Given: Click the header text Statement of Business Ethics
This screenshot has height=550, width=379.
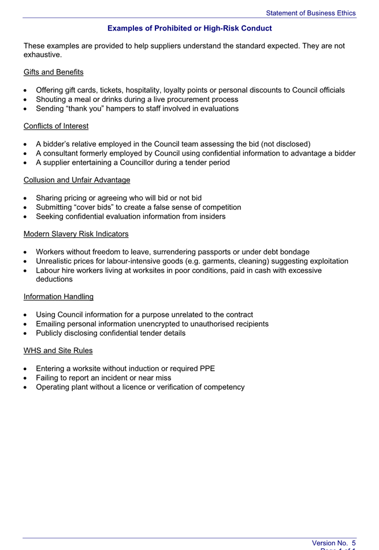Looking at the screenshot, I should pyautogui.click(x=311, y=13).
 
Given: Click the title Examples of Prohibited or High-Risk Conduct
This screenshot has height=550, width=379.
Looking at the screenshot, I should pyautogui.click(x=189, y=28).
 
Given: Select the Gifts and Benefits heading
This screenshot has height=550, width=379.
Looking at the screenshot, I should pyautogui.click(x=53, y=72).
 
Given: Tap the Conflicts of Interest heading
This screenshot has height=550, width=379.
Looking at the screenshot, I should pyautogui.click(x=55, y=125).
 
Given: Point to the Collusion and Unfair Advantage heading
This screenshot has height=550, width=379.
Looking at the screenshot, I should pyautogui.click(x=77, y=180).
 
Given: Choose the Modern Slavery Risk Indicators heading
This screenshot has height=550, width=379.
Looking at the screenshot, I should pyautogui.click(x=76, y=234).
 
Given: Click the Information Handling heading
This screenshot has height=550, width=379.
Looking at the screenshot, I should pyautogui.click(x=58, y=297).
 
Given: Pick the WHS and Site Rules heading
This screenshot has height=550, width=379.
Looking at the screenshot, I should pyautogui.click(x=58, y=350).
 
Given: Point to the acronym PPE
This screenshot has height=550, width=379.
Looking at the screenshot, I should pyautogui.click(x=206, y=369).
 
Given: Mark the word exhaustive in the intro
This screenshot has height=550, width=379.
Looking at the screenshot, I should pyautogui.click(x=42, y=55).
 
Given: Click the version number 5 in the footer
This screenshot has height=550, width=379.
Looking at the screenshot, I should pyautogui.click(x=353, y=542).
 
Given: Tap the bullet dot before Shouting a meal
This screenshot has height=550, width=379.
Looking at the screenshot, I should pyautogui.click(x=27, y=99).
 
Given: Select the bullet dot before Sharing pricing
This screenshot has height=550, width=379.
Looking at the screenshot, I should pyautogui.click(x=27, y=198).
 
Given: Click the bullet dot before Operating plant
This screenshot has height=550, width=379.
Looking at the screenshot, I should pyautogui.click(x=27, y=387).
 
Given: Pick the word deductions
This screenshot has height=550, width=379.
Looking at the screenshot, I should pyautogui.click(x=54, y=279).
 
